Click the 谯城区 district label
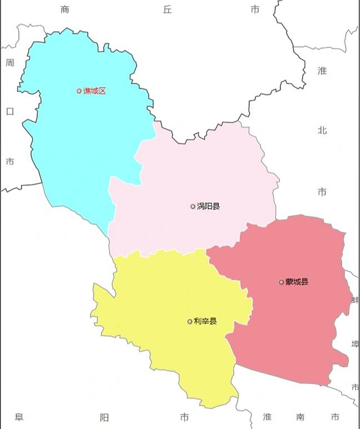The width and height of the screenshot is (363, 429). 94,91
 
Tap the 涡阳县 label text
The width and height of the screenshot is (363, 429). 208,206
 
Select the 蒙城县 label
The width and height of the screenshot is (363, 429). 297,282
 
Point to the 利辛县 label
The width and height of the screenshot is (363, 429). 205,321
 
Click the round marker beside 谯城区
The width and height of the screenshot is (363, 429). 79,91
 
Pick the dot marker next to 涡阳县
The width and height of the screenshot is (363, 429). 193,206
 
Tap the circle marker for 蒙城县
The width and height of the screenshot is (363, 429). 282,282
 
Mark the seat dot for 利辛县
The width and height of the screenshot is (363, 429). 190,321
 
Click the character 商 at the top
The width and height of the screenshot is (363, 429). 65,9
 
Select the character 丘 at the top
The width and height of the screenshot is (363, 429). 167,9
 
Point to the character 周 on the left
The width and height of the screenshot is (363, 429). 10,63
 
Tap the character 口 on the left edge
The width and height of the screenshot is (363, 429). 10,112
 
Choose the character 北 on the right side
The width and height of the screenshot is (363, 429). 322,130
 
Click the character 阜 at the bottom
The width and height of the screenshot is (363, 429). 19,417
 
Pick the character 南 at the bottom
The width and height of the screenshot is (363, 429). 300,417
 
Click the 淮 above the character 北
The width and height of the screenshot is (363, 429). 322,71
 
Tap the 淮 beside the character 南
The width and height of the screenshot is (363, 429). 267,417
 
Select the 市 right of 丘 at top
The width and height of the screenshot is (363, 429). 255,9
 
